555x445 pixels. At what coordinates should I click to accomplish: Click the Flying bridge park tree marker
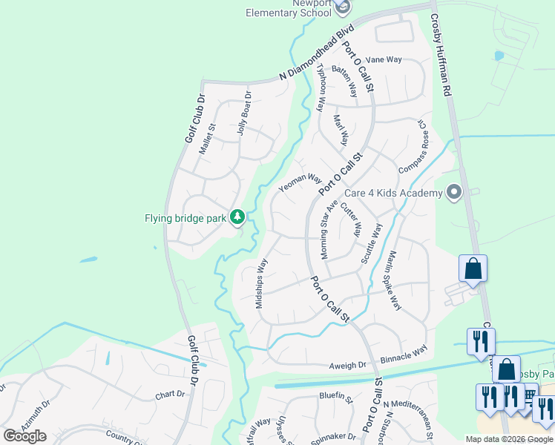click(237, 217)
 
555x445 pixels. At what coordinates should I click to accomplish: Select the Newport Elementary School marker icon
click(341, 7)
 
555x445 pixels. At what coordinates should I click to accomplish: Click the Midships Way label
click(260, 283)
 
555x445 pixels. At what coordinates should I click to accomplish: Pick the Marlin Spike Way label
click(392, 281)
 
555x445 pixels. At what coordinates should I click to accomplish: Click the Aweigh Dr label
click(349, 366)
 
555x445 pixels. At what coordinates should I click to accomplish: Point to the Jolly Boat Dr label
click(245, 113)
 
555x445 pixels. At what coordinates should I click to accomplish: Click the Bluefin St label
click(335, 397)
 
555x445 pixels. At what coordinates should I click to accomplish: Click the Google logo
click(24, 436)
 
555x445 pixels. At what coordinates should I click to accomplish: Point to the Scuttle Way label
click(371, 244)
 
